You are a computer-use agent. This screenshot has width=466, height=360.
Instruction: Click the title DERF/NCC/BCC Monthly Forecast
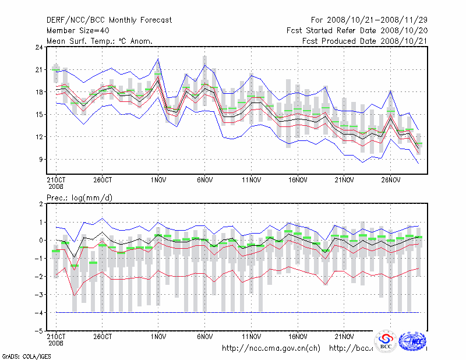(109, 20)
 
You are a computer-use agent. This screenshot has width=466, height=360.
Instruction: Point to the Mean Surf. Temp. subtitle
(99, 41)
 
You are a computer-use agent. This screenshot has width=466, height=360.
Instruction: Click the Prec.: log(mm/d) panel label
(79, 198)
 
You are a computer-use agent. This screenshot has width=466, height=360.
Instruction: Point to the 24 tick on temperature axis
(39, 47)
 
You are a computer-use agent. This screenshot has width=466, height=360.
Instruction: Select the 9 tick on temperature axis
(41, 159)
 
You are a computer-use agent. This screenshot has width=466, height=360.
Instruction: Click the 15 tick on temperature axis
(39, 114)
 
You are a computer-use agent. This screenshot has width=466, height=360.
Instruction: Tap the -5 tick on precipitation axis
(39, 331)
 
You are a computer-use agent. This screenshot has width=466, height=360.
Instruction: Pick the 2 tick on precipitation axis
(41, 204)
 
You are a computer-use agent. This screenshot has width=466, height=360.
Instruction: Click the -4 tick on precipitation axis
(39, 313)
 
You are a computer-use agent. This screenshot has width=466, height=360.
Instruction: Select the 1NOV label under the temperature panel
(158, 180)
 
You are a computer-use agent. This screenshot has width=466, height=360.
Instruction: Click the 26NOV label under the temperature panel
(390, 180)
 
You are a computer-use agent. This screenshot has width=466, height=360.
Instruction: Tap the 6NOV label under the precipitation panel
(204, 336)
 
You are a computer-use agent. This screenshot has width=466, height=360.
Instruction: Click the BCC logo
(386, 341)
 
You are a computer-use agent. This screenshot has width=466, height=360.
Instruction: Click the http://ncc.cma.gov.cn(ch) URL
(271, 348)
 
